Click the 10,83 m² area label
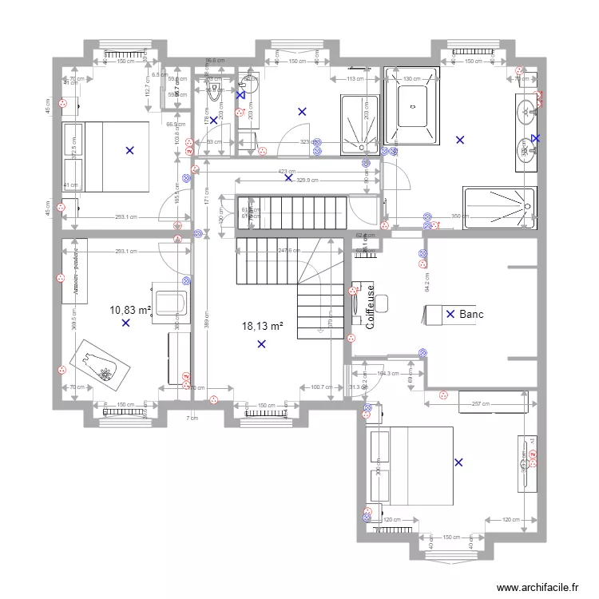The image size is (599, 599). (x=130, y=309)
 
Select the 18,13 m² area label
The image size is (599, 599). (x=263, y=326)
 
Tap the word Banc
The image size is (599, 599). (x=472, y=315)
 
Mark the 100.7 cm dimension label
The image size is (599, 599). (x=321, y=388)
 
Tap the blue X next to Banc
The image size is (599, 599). (x=450, y=315)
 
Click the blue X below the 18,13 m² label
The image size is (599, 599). (x=262, y=344)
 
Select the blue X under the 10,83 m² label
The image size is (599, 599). (x=125, y=323)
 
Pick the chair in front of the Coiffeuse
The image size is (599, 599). (x=383, y=303)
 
